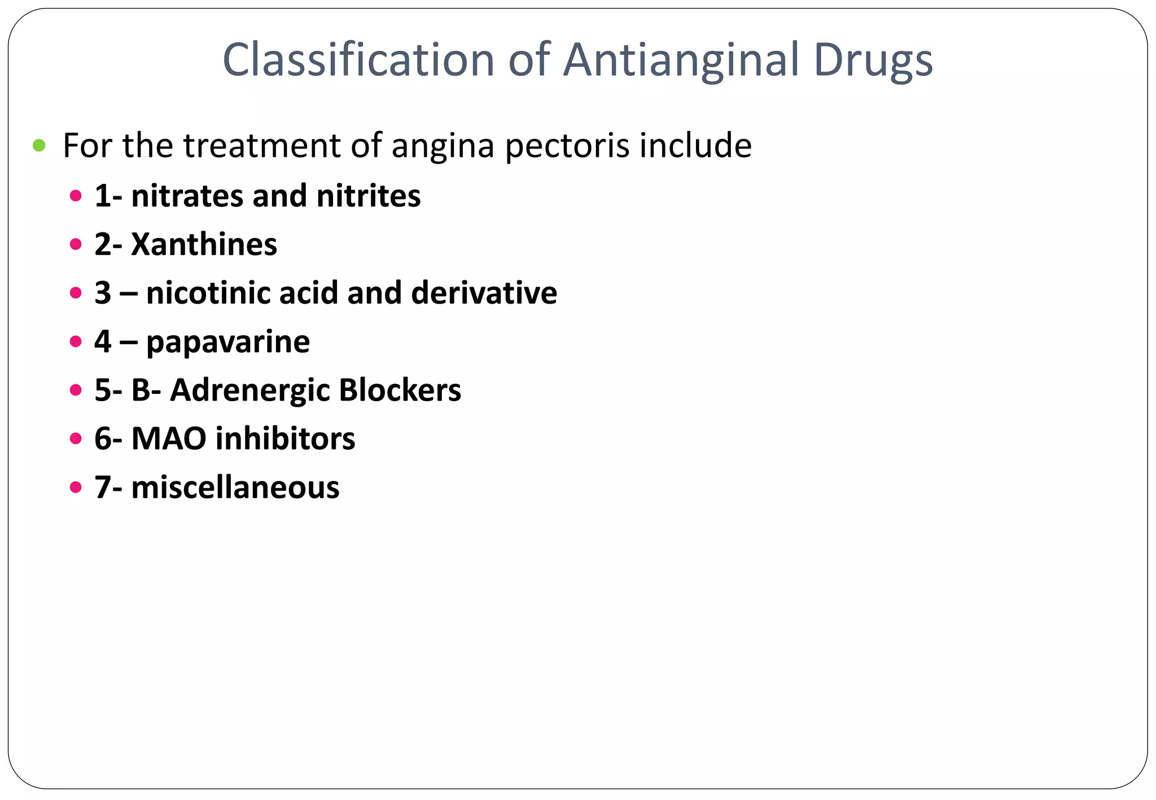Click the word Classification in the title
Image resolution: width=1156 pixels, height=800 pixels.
coord(358,59)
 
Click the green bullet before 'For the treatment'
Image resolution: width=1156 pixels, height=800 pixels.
coord(39,146)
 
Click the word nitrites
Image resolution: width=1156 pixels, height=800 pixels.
coord(368,196)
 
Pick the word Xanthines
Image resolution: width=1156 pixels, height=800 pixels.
coord(204,244)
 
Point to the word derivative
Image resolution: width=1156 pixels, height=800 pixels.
coord(484,293)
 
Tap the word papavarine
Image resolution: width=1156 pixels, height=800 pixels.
coord(228,342)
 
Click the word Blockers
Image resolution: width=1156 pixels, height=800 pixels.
coord(400,390)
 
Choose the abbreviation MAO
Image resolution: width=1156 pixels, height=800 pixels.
coord(169,438)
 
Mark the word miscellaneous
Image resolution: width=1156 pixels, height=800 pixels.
coord(235,487)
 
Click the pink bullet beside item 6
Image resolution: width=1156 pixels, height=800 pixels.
coord(76,438)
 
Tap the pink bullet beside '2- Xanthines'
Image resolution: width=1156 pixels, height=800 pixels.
coord(76,244)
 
